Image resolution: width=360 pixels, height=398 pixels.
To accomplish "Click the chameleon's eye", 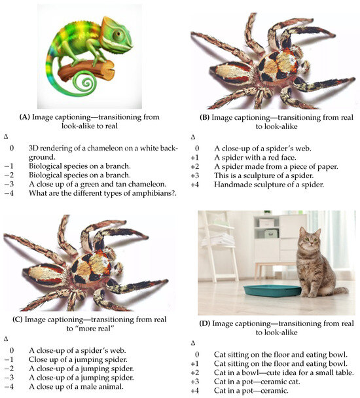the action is click(x=118, y=34).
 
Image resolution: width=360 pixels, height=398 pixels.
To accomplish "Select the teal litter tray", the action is click(x=272, y=291).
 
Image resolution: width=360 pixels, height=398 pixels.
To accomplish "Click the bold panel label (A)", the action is click(x=25, y=117).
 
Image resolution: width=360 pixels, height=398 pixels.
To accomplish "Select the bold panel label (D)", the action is click(x=205, y=323).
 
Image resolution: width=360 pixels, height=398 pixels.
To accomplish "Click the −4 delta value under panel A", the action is click(x=9, y=193).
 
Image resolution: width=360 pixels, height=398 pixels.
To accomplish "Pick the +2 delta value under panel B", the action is click(x=195, y=167).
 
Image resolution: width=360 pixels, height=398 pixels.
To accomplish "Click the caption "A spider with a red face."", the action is click(x=255, y=158).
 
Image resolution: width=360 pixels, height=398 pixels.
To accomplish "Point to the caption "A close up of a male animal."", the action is click(x=76, y=387).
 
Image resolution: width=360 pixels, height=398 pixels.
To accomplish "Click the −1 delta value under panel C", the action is click(x=9, y=359).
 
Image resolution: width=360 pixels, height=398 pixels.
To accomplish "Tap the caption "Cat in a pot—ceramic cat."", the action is click(x=257, y=382).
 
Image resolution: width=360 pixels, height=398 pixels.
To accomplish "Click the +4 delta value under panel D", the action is click(x=195, y=391).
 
